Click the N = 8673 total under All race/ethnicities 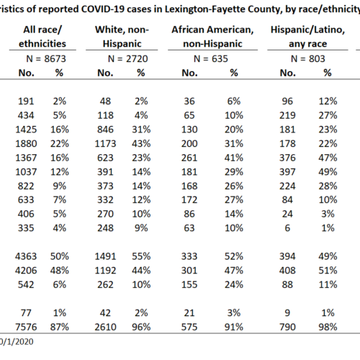point(46,59)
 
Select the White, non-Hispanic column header point(122,37)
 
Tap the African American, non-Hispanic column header point(212,37)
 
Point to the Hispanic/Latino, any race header point(308,37)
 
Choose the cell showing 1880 point(26,144)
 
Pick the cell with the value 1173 point(105,144)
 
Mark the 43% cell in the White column point(141,144)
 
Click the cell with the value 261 point(189,158)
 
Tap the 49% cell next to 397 point(328,172)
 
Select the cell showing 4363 point(26,256)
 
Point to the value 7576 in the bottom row point(26,327)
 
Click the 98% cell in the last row point(328,327)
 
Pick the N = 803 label point(308,59)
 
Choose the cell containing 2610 point(105,327)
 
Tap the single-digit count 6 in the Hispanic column point(287,228)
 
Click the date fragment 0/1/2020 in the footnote point(17,342)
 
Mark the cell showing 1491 point(105,256)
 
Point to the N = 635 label point(211,59)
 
